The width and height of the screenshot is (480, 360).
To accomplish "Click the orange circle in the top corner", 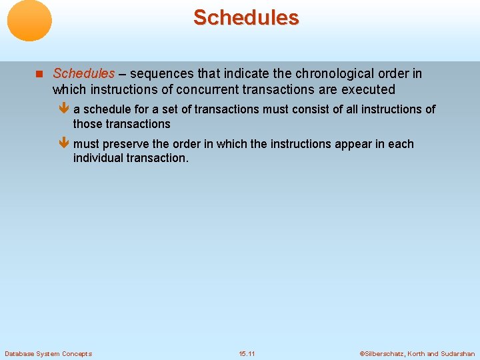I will point(29,21).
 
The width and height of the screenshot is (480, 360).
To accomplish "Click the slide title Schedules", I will point(246,18).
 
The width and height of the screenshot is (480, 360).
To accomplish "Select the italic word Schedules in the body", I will point(83,73).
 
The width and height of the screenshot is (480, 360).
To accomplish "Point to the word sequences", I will point(160,73).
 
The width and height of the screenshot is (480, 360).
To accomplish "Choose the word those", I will point(88,124).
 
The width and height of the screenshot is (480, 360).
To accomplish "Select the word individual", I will point(98,158).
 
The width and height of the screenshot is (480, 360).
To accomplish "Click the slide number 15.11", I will point(247,353).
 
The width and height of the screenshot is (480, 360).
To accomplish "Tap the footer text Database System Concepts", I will point(48,353).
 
